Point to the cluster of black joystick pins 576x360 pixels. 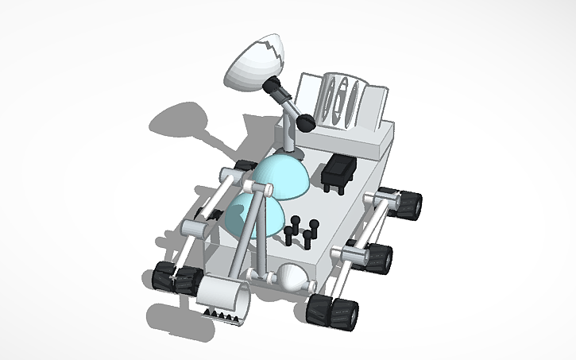[300, 231]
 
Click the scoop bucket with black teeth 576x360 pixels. [225, 300]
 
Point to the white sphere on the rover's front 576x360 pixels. [291, 278]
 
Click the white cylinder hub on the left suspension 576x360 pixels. [194, 227]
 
